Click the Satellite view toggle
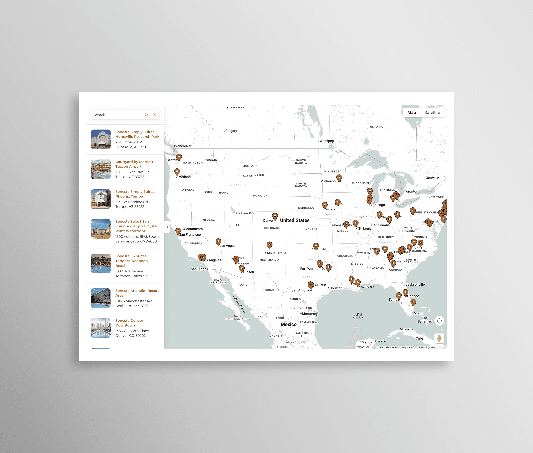[x=432, y=113]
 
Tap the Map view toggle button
[x=411, y=113]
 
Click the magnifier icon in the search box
[x=146, y=115]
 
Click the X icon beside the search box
[x=155, y=115]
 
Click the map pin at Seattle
[x=179, y=156]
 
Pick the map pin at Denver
[x=275, y=216]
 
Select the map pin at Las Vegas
[x=218, y=241]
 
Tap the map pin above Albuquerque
[x=269, y=244]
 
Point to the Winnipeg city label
[x=327, y=141]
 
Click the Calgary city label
[x=231, y=131]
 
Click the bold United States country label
[x=295, y=220]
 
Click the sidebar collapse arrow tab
[x=167, y=227]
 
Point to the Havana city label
[x=408, y=329]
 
